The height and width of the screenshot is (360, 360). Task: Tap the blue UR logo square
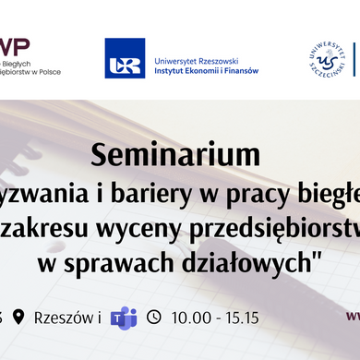(x=125, y=58)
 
